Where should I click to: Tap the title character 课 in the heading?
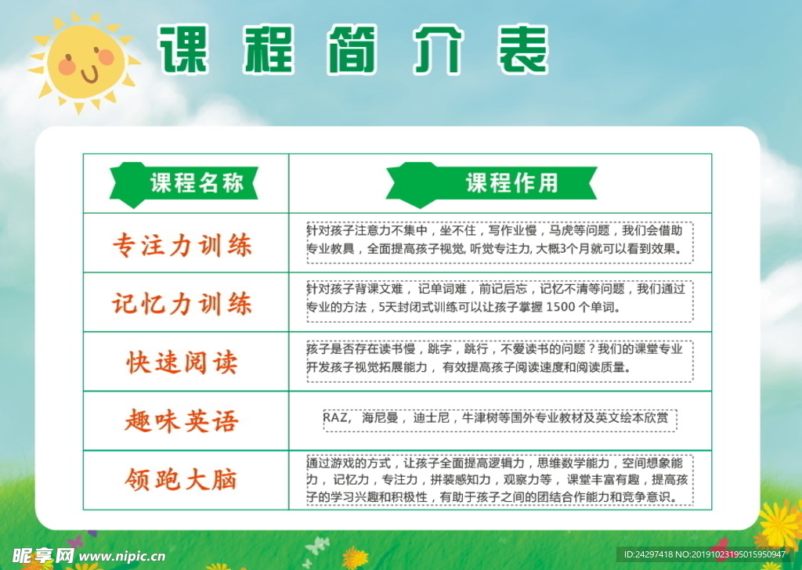(x=183, y=49)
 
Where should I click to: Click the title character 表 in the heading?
(x=522, y=49)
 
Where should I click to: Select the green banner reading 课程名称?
(x=183, y=184)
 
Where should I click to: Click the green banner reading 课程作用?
(x=492, y=184)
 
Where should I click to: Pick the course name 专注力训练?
(x=182, y=245)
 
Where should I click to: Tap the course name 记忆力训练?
(x=182, y=304)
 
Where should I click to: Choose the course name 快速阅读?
(x=182, y=363)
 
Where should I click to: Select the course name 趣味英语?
(x=182, y=421)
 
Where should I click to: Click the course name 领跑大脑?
(x=181, y=480)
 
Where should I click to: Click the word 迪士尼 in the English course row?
(x=432, y=417)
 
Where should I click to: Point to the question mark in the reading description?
(x=591, y=349)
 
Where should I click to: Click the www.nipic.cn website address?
(x=122, y=556)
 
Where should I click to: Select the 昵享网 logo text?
(x=42, y=555)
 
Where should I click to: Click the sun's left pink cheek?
(x=67, y=67)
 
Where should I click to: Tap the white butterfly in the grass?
(x=318, y=547)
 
